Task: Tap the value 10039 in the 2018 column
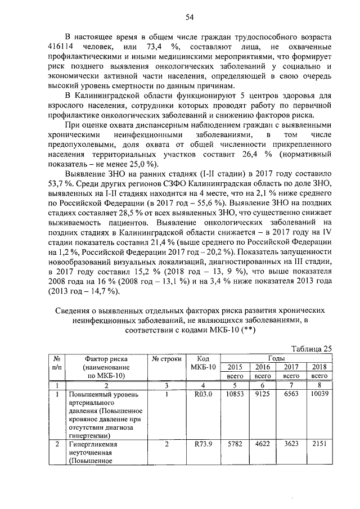[319, 395]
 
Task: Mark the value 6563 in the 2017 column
[291, 395]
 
